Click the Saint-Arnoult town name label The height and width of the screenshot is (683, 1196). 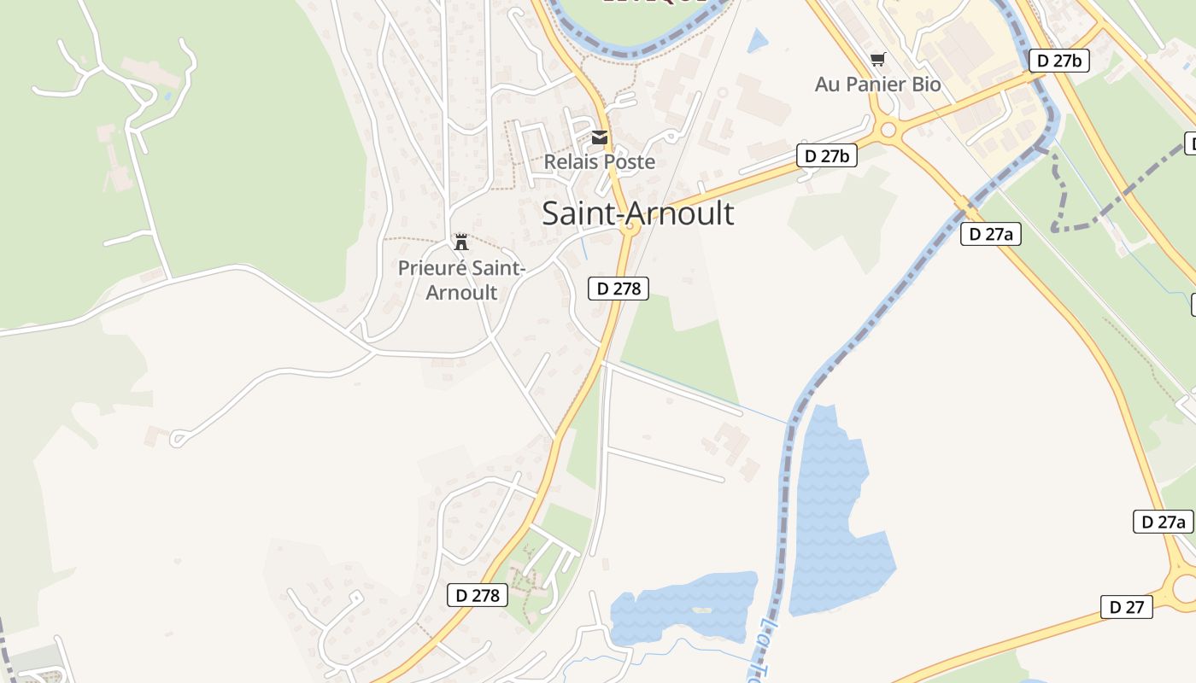point(637,213)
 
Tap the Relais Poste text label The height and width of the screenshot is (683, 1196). point(600,161)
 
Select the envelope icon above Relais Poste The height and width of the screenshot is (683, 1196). point(600,137)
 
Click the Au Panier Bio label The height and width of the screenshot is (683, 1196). point(877,85)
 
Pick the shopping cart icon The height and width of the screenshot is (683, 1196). point(877,59)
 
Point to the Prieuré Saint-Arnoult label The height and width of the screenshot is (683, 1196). point(461,280)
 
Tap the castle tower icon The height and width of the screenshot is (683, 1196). point(461,242)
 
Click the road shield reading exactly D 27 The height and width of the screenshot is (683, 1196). point(1126,607)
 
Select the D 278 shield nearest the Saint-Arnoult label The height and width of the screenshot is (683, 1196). point(619,289)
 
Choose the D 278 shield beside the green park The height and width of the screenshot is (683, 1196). point(478,595)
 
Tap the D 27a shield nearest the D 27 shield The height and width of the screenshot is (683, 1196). point(1163,522)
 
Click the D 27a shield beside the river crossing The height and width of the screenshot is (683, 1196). point(990,233)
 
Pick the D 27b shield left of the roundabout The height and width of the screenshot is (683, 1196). point(827,155)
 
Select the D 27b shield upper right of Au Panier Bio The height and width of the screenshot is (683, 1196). point(1058,61)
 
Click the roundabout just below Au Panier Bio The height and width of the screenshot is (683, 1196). point(888,131)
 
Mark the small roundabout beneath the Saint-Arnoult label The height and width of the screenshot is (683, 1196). point(630,228)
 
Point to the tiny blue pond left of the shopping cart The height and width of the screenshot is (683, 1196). point(757,41)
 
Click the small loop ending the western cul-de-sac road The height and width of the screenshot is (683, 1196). point(178,439)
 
